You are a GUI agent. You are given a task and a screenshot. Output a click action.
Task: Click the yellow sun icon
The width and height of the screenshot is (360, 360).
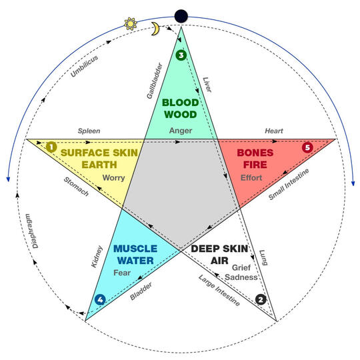click(131, 23)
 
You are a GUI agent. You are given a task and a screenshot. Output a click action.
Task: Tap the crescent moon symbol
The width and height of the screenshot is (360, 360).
click(155, 29)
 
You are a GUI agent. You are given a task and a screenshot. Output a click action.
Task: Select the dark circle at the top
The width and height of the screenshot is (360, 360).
click(181, 16)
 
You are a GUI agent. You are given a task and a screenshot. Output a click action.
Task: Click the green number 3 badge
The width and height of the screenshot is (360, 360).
click(181, 55)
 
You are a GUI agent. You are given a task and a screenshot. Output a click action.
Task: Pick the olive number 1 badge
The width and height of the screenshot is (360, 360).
click(51, 147)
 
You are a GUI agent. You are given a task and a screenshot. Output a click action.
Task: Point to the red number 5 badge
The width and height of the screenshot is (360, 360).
click(307, 147)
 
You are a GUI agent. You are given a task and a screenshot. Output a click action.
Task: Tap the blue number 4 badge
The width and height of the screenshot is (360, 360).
click(100, 299)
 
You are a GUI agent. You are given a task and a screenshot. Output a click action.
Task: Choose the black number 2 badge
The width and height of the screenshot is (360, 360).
click(261, 299)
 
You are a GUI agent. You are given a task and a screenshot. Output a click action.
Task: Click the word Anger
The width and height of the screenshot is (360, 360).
click(181, 131)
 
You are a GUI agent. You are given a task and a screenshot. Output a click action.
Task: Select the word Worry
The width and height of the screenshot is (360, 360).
click(113, 178)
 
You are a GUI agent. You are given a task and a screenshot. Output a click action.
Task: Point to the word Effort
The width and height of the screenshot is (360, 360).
click(251, 178)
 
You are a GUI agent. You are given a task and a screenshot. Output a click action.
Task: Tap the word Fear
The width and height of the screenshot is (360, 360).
click(122, 273)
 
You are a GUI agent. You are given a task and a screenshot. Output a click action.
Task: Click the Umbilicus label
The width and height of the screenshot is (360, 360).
click(84, 66)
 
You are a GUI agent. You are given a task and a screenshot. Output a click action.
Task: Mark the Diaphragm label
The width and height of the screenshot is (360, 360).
click(32, 231)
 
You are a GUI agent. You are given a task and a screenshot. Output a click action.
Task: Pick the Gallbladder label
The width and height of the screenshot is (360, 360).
click(155, 81)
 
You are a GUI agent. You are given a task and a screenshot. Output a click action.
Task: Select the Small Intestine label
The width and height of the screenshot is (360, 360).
click(289, 184)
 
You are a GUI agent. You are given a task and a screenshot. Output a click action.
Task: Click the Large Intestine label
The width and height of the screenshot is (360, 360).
click(219, 290)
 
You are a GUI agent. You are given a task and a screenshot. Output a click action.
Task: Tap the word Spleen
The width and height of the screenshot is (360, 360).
click(89, 131)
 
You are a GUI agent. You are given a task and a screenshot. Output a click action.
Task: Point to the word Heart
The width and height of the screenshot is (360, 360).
click(274, 131)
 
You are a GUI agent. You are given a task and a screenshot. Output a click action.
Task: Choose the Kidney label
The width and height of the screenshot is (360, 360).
click(97, 257)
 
